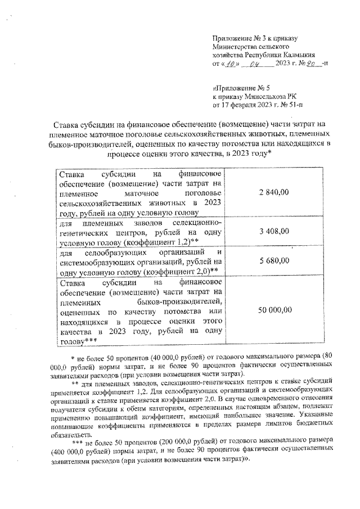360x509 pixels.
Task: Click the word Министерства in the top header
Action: pyautogui.click(x=235, y=47)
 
